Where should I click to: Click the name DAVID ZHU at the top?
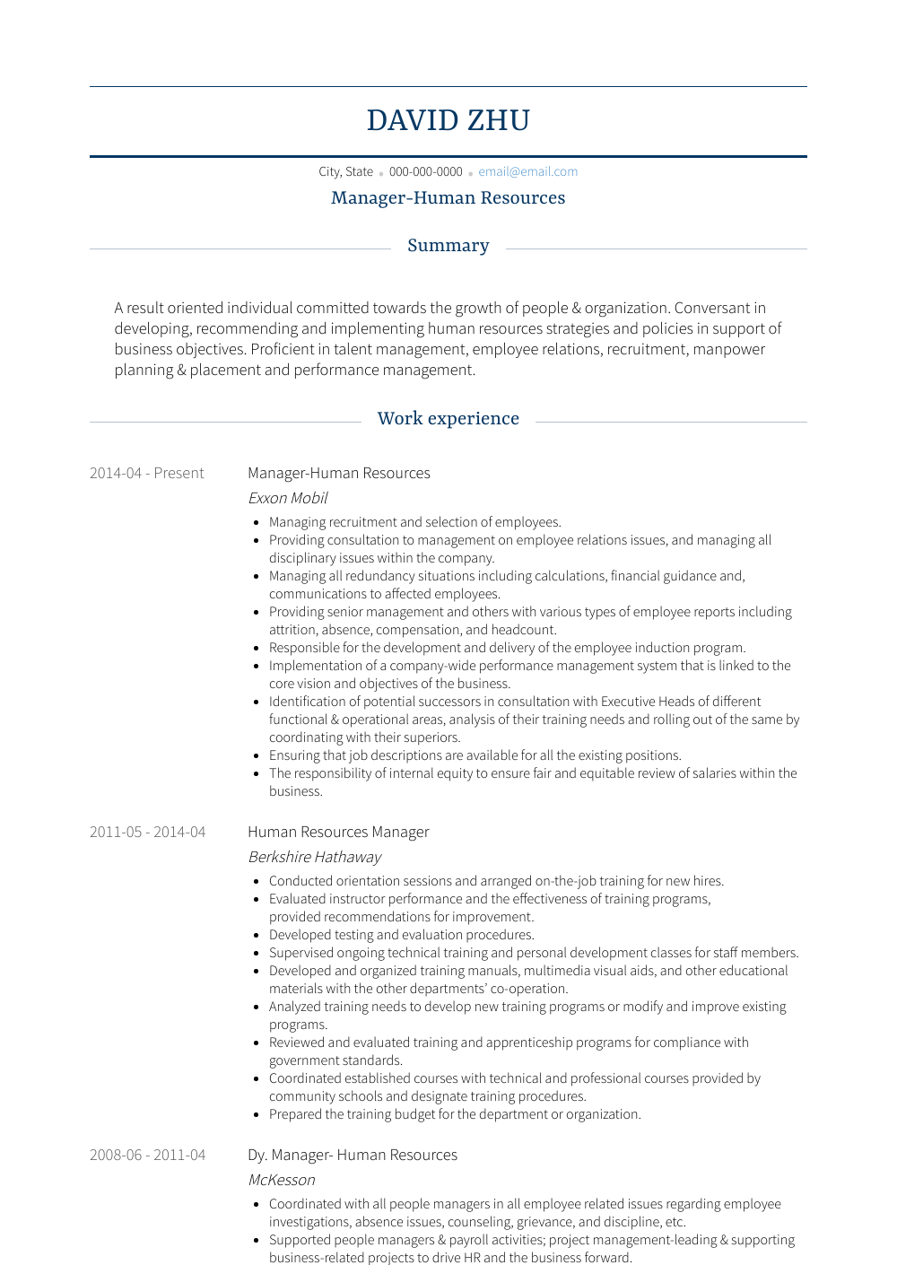448,120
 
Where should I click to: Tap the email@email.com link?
527,171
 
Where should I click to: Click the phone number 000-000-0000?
425,171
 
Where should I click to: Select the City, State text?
345,171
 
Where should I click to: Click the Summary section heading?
448,246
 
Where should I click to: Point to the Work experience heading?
448,419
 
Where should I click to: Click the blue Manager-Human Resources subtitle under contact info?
448,198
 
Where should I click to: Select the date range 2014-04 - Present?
146,473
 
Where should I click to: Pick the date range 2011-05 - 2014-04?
147,832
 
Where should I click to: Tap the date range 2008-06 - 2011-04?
147,1155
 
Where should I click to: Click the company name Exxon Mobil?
288,498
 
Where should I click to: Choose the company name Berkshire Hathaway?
314,857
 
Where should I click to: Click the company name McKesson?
282,1180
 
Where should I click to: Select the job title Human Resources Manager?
338,832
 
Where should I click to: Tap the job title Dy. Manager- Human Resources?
353,1155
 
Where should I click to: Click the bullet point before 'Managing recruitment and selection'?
257,523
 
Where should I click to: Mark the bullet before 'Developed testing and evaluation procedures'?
257,936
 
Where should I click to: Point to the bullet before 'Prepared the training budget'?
257,1115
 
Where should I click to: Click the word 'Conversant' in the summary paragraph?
712,308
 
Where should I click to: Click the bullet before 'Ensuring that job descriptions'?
257,756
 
